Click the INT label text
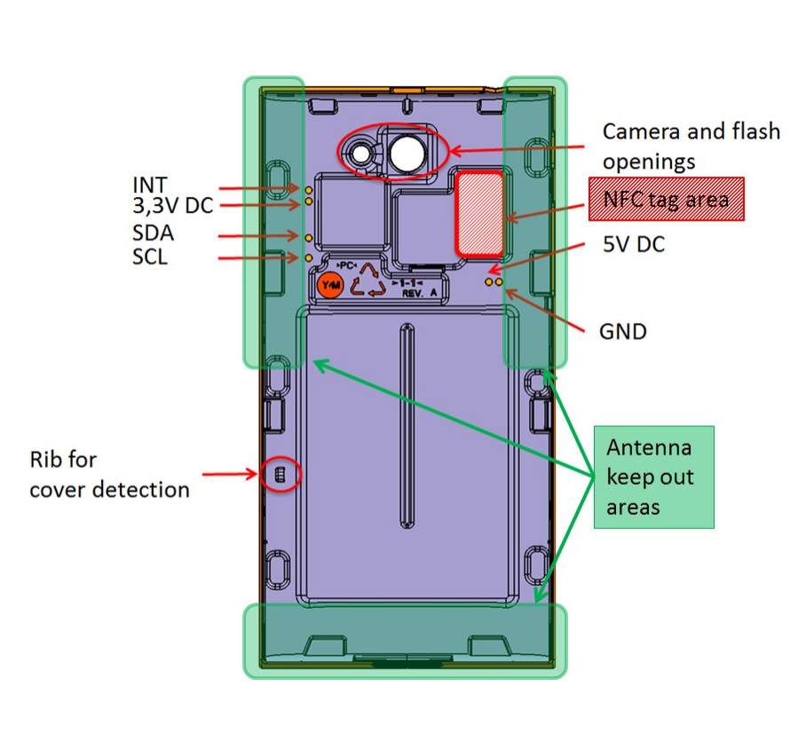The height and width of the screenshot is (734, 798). coord(150,185)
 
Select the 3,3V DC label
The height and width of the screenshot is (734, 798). coord(172,206)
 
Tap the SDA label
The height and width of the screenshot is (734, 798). coord(153,234)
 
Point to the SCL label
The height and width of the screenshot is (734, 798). coord(152,258)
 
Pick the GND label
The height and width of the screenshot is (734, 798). coord(623,332)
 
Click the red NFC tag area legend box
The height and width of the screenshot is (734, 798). coord(666,199)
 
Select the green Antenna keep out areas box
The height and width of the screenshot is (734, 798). coord(653,477)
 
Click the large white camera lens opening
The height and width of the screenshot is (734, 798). coord(408,154)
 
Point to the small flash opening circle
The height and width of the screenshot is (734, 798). coord(361,154)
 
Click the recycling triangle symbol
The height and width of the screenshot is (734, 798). coord(367,284)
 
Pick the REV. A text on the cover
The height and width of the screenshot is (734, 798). coord(421,292)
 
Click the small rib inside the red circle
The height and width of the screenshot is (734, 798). coord(280,475)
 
